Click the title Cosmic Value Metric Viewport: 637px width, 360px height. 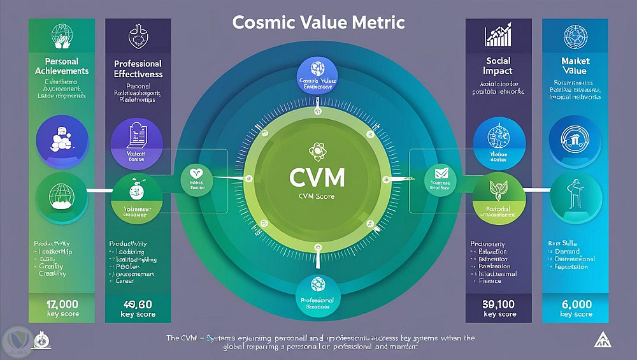(x=318, y=22)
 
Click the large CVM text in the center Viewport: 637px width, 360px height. (x=317, y=176)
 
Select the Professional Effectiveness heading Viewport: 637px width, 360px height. (x=138, y=69)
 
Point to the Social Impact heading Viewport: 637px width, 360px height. (x=497, y=65)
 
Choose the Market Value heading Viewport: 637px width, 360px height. (x=575, y=66)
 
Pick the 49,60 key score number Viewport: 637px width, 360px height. (x=138, y=304)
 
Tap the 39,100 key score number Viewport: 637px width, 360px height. (x=499, y=304)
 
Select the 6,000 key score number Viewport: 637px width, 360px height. (x=575, y=304)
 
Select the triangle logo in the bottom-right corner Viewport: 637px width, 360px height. (x=602, y=340)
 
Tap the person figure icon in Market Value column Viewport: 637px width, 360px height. (x=575, y=194)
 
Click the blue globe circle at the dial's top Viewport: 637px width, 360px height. (x=317, y=69)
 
